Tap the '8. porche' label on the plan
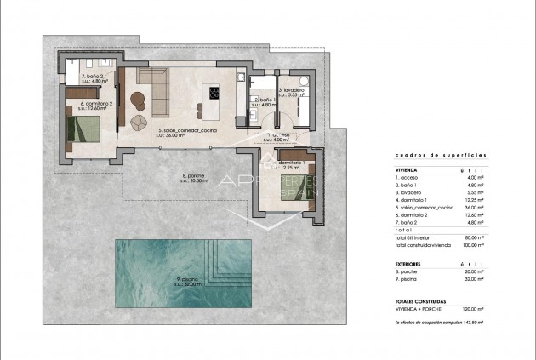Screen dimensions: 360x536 196,176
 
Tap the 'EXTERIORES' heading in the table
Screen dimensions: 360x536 410,265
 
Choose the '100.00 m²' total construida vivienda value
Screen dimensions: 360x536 470,245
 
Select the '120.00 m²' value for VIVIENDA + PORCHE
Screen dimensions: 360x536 470,310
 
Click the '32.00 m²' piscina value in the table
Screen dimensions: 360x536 471,281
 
